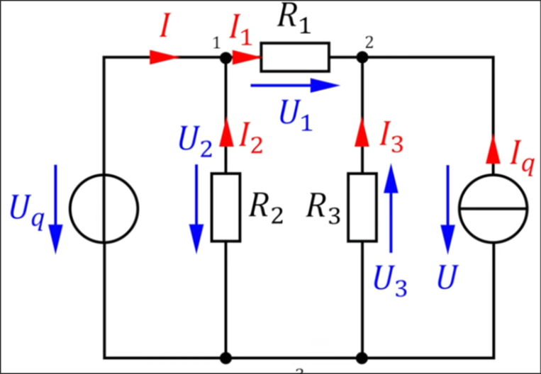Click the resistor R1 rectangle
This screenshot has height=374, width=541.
click(x=294, y=57)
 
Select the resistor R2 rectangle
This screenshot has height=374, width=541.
click(x=225, y=207)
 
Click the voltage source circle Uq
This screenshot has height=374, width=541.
click(x=104, y=208)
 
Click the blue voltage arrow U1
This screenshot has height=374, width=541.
click(x=294, y=86)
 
